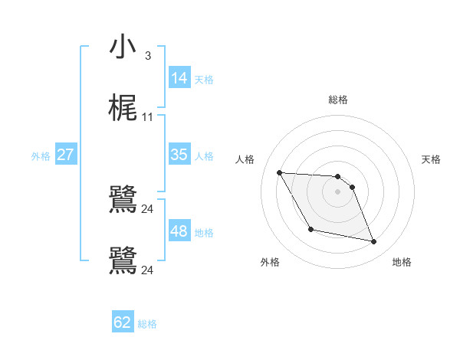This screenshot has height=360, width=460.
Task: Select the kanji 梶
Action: [x=123, y=109]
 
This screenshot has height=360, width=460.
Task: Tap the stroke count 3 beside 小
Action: [x=147, y=55]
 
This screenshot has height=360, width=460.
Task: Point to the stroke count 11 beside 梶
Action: [x=148, y=117]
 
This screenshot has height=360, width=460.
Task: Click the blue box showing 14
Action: [x=179, y=77]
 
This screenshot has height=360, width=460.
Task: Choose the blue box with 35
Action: [x=179, y=155]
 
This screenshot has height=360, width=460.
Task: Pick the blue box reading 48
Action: [x=179, y=231]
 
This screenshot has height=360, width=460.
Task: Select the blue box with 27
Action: [x=65, y=155]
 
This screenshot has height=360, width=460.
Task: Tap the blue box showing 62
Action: [x=123, y=322]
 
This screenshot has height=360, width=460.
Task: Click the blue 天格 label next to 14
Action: [x=204, y=79]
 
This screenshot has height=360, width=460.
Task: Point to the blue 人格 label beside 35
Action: [x=204, y=156]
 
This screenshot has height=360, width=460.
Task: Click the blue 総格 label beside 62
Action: [x=147, y=324]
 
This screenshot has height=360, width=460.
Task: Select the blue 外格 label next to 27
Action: [x=41, y=156]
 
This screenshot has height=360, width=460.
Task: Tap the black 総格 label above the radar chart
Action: [x=338, y=100]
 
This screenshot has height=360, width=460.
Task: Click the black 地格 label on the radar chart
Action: [x=402, y=262]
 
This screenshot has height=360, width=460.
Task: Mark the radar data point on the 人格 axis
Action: [x=280, y=172]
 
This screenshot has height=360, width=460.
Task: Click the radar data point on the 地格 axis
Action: [x=374, y=242]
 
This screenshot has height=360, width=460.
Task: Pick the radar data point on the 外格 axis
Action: [x=310, y=229]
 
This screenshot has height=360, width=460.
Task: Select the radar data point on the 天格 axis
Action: [x=352, y=187]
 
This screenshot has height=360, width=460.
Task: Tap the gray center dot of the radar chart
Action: [x=338, y=191]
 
